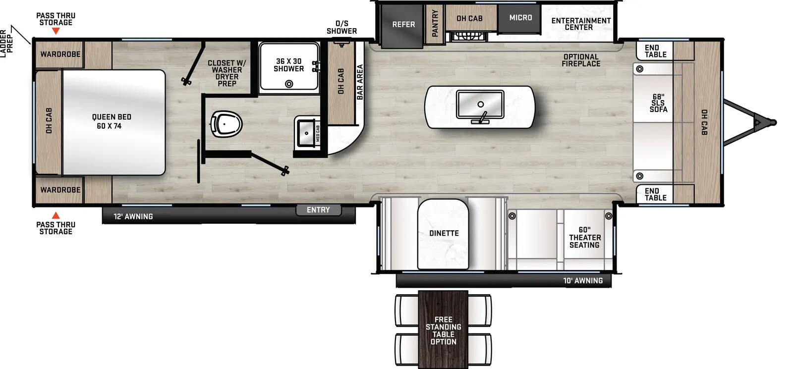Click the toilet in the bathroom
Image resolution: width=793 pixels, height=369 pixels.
[x=226, y=124]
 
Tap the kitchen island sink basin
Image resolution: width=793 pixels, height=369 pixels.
[x=480, y=104]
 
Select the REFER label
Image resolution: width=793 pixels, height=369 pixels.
[x=403, y=24]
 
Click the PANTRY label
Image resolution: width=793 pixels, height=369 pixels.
[x=435, y=24]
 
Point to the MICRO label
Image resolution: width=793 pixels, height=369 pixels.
[x=520, y=18]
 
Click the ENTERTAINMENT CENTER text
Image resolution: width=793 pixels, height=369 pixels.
[x=580, y=24]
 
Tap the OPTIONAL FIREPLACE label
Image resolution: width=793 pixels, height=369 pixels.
[x=580, y=60]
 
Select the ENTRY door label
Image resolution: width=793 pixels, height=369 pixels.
[x=318, y=210]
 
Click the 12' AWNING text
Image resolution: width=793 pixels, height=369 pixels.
[x=133, y=216]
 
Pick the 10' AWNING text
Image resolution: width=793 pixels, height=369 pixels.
[x=582, y=281]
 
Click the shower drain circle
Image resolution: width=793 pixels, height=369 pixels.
[x=289, y=84]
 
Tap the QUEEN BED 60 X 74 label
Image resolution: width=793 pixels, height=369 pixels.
[x=112, y=121]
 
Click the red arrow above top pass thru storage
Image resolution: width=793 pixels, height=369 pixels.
[x=56, y=31]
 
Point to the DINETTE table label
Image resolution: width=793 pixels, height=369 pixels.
[x=444, y=233]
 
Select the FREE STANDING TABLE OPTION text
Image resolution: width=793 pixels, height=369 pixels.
[x=443, y=330]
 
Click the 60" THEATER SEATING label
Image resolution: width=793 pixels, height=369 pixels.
[x=584, y=237]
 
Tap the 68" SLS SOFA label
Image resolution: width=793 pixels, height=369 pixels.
[x=658, y=103]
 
